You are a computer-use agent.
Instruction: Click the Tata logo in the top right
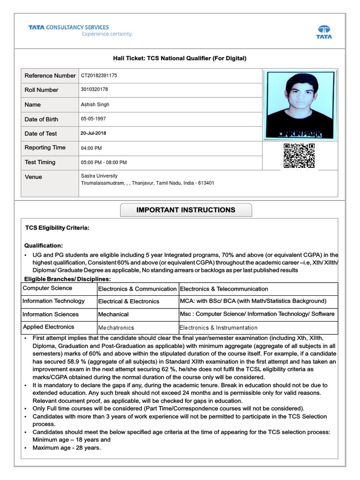tap(323, 31)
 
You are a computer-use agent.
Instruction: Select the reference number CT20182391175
tap(99, 75)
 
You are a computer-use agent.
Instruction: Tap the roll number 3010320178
tap(94, 90)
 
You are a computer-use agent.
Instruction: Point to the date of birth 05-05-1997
tap(93, 119)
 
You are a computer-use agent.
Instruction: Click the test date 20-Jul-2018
tap(93, 133)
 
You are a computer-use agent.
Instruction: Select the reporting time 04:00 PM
tap(91, 148)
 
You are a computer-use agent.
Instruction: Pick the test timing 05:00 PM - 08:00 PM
tap(104, 163)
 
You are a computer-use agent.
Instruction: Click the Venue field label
tap(33, 177)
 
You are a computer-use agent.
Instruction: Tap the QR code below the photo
tap(299, 156)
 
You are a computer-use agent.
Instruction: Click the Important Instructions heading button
tap(186, 210)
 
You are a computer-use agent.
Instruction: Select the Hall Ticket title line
tap(180, 58)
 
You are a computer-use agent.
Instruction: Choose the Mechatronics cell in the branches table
tap(116, 328)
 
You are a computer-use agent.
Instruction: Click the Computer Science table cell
tap(47, 288)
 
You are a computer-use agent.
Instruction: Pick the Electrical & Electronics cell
tap(128, 301)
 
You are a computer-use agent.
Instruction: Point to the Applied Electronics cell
tap(48, 327)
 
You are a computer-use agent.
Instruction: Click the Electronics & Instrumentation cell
tap(218, 328)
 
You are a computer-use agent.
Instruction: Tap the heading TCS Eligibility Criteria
tap(57, 228)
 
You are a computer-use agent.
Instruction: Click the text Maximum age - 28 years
tap(67, 448)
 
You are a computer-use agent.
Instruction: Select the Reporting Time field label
tap(45, 148)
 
